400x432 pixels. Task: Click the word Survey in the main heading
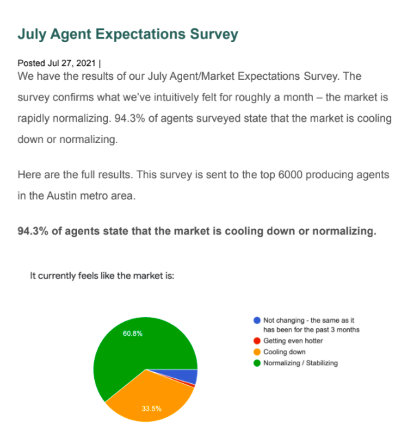(214, 34)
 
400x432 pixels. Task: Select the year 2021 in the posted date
(86, 63)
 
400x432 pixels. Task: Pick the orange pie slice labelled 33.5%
(148, 397)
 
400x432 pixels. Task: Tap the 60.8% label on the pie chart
(133, 334)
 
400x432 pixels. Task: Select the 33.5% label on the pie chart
(152, 409)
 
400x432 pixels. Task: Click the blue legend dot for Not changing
(257, 321)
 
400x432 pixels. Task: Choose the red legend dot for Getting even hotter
(257, 341)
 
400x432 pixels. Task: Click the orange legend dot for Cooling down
(257, 352)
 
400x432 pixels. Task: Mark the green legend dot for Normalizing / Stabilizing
(257, 363)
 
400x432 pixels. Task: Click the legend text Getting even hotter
(293, 341)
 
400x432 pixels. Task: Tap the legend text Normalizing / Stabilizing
(300, 363)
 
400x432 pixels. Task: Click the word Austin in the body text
(62, 196)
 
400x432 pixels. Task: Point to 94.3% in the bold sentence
(33, 231)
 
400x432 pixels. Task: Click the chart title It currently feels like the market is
(102, 276)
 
